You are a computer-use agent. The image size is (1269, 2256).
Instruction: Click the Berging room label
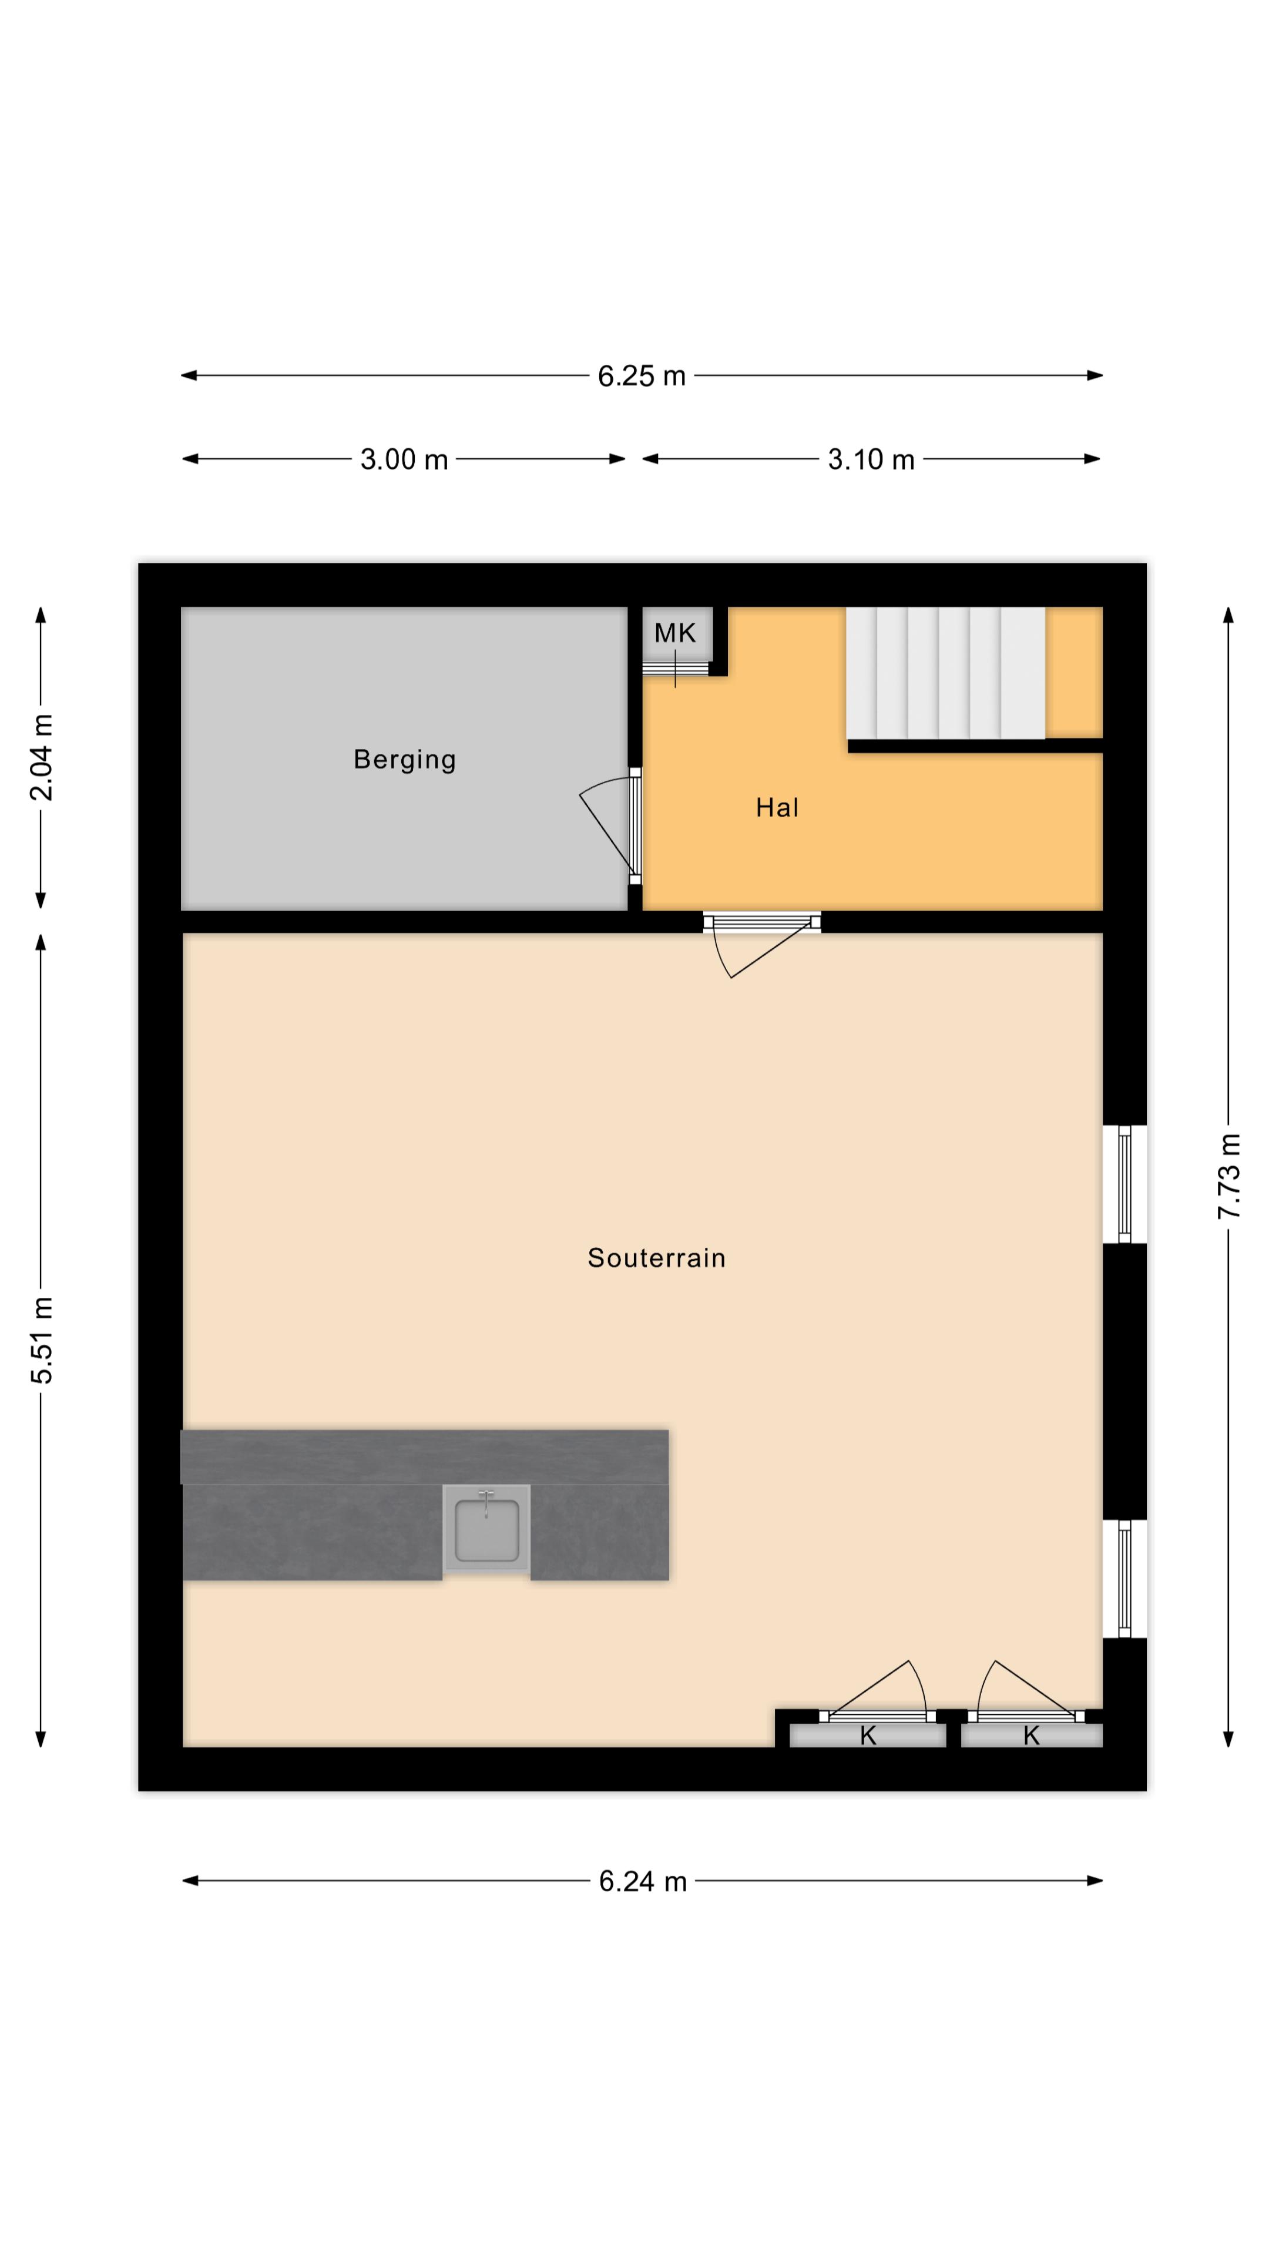[x=405, y=759]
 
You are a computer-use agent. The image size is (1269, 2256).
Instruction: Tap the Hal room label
[x=777, y=807]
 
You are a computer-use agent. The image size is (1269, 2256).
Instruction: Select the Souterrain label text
[x=657, y=1258]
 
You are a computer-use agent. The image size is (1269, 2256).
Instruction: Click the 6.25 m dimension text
[x=641, y=376]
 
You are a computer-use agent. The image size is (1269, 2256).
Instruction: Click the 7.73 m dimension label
[x=1228, y=1176]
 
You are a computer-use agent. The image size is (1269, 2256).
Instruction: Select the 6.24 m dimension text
[x=643, y=1882]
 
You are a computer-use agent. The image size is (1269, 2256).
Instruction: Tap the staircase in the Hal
[x=946, y=673]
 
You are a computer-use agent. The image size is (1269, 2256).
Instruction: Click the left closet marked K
[x=868, y=1736]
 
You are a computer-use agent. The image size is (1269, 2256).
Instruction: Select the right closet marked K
[x=1032, y=1736]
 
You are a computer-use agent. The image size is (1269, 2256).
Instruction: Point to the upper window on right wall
[x=1124, y=1184]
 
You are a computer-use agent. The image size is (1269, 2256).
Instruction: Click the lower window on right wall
[x=1124, y=1579]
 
